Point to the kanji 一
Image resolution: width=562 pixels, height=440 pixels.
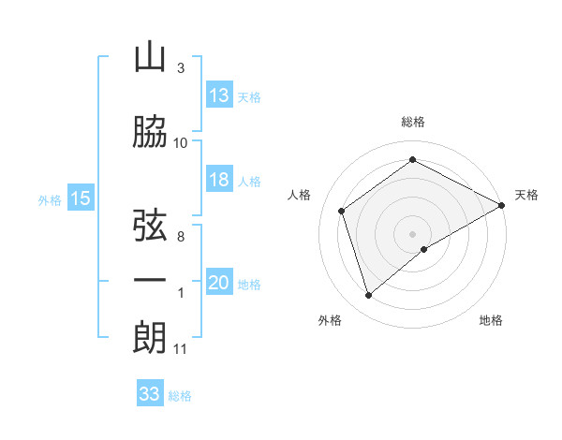150,280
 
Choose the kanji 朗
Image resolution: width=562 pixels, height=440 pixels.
150,337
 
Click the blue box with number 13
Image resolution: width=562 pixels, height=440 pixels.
219,95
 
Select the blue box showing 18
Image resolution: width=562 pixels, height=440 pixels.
219,180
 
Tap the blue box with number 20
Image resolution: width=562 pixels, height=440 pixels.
219,283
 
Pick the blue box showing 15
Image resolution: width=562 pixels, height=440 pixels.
80,198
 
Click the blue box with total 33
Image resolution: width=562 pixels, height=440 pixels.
150,394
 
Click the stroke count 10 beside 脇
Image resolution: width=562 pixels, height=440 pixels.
181,142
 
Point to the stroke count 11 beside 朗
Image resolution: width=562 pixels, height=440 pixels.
181,349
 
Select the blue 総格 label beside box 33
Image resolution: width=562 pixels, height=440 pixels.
180,396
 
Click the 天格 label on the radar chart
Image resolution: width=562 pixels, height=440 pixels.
526,195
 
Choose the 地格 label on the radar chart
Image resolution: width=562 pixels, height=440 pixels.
491,320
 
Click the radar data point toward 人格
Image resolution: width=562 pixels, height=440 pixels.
342,211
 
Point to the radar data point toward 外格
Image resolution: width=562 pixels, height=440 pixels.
369,296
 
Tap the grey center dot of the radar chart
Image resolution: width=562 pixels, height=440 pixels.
412,233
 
